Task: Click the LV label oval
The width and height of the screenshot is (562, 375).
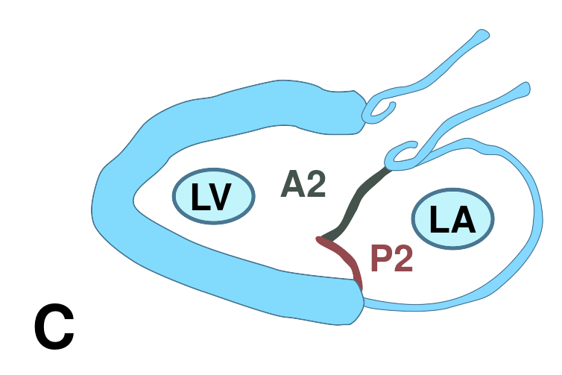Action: (x=214, y=196)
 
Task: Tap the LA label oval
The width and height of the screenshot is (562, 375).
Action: (x=452, y=218)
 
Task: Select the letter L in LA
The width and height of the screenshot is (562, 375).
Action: (x=438, y=219)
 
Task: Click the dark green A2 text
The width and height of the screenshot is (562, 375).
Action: (x=303, y=184)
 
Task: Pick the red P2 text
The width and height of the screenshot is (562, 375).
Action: (x=392, y=258)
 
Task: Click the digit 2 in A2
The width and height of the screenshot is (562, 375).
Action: (x=316, y=183)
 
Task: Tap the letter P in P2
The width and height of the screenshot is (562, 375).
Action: (x=381, y=258)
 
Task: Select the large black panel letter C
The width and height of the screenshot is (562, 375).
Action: (x=54, y=327)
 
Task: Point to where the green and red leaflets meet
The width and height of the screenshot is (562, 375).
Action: (x=320, y=238)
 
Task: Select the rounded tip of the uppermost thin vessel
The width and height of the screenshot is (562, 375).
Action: (x=484, y=34)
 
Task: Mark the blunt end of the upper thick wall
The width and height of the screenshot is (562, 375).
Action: (x=359, y=113)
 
